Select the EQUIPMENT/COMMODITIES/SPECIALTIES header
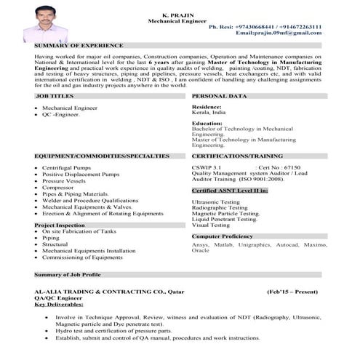tap(102, 156)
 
